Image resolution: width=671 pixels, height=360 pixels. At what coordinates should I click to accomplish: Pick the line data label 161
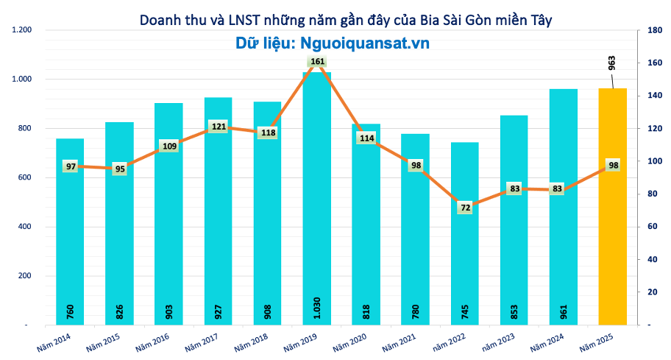click(x=317, y=62)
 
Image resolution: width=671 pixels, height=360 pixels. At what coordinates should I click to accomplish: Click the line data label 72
click(x=464, y=208)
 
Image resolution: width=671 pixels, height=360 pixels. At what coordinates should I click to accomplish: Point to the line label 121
click(x=219, y=127)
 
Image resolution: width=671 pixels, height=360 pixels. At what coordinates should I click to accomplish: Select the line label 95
click(x=120, y=169)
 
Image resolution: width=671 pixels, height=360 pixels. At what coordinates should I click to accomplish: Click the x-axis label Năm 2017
click(x=199, y=342)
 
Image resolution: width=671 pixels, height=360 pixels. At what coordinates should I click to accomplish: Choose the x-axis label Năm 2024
click(x=545, y=342)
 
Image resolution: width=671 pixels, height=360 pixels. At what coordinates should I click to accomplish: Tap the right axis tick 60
click(x=650, y=227)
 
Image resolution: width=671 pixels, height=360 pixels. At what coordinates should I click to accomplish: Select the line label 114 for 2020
click(x=366, y=138)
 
